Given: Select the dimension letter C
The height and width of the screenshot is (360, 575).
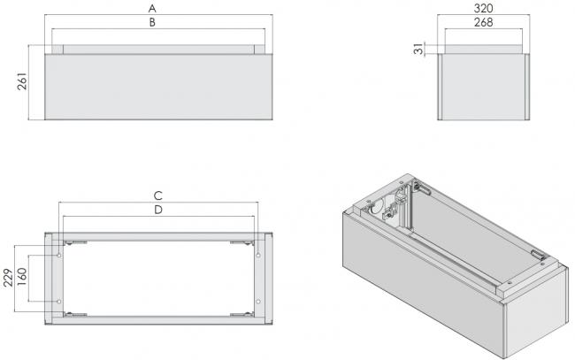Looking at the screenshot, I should click(157, 194).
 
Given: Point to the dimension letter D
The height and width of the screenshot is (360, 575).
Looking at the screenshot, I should click(157, 210).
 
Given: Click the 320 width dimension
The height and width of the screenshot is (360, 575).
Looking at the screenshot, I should click(482, 6).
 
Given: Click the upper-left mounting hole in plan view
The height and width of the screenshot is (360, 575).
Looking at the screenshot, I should click(58, 255).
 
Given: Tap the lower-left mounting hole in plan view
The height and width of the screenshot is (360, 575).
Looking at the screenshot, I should click(58, 302).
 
